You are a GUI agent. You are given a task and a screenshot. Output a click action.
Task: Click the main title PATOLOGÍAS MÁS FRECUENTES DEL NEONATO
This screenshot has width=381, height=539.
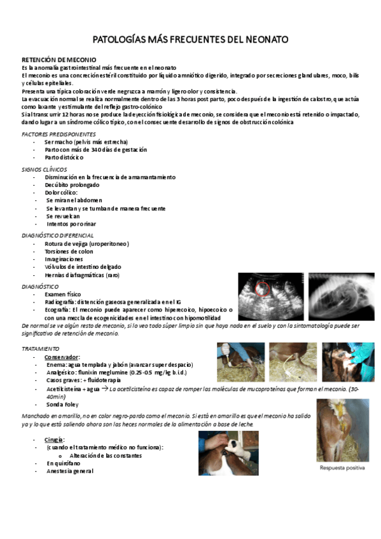[x=190, y=40]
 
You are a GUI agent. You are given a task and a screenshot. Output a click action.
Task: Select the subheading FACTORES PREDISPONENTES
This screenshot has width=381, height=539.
[x=59, y=134]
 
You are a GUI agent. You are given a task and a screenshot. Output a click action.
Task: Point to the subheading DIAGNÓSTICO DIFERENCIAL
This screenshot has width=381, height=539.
[x=58, y=235]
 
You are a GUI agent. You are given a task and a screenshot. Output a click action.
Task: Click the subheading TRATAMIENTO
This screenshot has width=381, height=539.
[x=41, y=349]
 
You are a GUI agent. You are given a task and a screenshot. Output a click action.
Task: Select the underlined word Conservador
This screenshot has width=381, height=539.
[x=62, y=357]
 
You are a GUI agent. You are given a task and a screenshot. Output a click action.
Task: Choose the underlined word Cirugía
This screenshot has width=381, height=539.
[x=54, y=439]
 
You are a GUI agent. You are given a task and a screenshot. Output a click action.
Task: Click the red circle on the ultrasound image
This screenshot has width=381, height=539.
[x=261, y=290]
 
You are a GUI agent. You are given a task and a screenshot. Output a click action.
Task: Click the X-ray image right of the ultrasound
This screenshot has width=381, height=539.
[x=340, y=297]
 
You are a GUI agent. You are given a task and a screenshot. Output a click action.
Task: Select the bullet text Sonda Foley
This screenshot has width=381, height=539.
[x=62, y=404]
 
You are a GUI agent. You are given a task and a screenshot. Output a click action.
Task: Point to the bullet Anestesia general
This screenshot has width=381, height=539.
[x=69, y=471]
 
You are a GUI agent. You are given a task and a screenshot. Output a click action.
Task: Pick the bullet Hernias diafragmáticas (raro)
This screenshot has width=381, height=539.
[x=81, y=275]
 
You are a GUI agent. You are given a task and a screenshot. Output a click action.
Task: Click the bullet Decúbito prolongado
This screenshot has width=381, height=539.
[x=72, y=184]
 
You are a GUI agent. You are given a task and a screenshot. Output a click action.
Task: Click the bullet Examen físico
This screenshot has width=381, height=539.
[x=63, y=294]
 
